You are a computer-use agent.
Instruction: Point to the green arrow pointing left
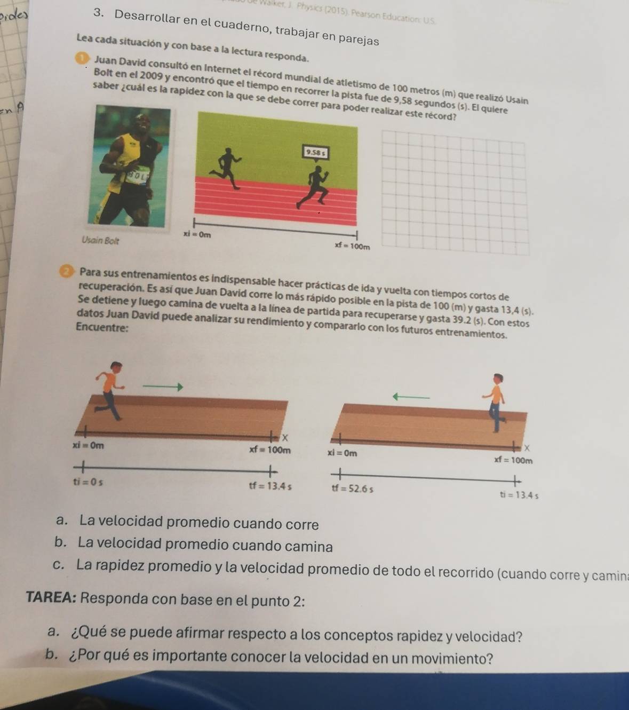click(x=411, y=397)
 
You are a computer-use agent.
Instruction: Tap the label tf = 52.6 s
click(x=352, y=488)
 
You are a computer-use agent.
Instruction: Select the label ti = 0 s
click(x=89, y=482)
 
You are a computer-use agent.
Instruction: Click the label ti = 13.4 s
click(x=519, y=495)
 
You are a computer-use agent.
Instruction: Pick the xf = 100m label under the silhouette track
click(x=352, y=246)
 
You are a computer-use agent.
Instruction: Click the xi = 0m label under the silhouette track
click(x=197, y=234)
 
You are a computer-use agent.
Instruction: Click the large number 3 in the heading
click(x=97, y=15)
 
